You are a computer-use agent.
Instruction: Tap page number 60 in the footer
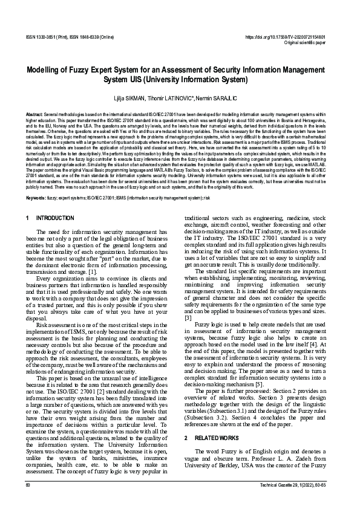28,485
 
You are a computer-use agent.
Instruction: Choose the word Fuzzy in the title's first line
94,70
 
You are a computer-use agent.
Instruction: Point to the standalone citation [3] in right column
188,318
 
